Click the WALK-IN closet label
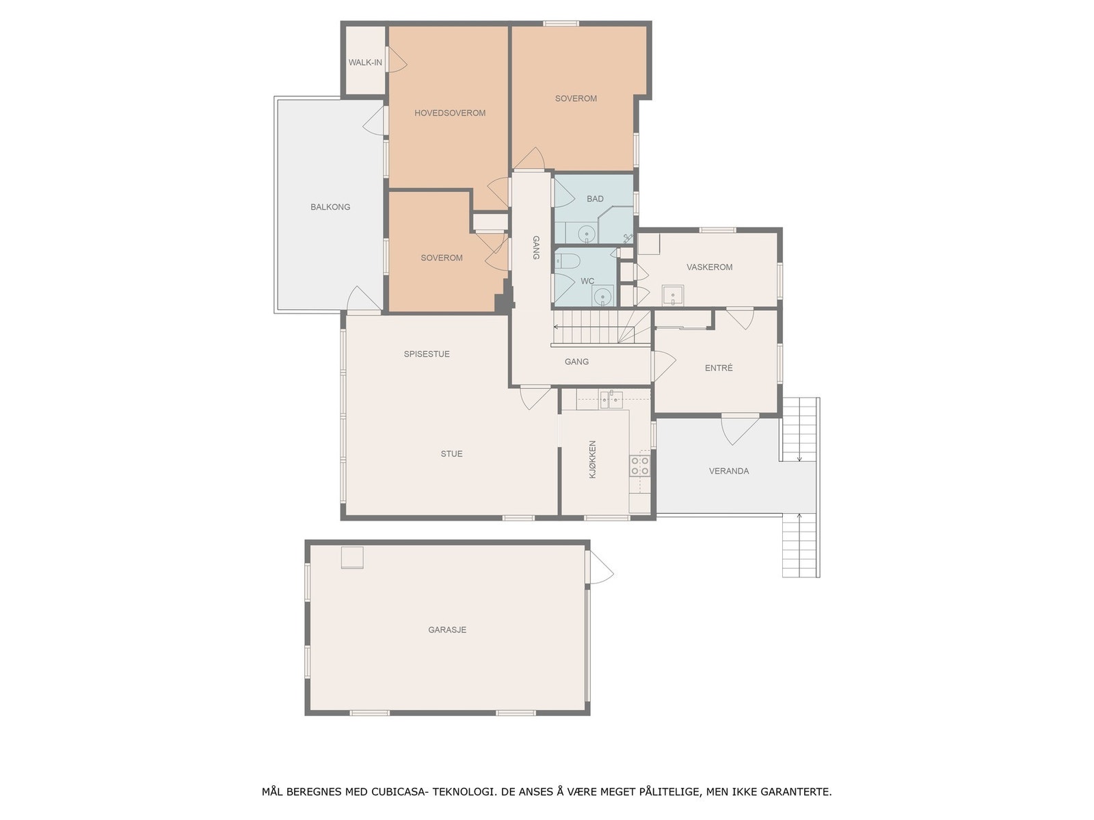[x=365, y=62]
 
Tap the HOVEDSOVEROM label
[x=450, y=113]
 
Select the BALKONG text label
[x=330, y=206]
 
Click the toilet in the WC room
[x=568, y=260]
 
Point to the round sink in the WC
[x=602, y=296]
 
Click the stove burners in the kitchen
[x=640, y=466]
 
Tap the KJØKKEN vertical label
[x=593, y=459]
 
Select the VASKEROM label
[x=710, y=267]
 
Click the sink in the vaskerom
[x=673, y=296]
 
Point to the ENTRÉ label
[x=719, y=368]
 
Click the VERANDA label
[x=729, y=471]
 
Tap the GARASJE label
[x=447, y=629]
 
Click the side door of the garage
[x=600, y=569]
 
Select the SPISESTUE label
[x=427, y=354]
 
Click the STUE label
[x=451, y=454]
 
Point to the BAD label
[x=595, y=199]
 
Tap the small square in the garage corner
[x=353, y=558]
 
